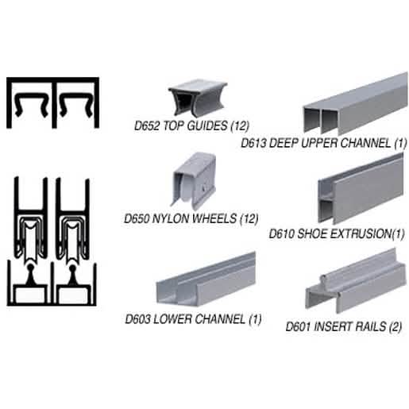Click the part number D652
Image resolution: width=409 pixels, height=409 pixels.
click(147, 125)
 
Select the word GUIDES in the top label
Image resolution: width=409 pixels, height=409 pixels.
click(207, 125)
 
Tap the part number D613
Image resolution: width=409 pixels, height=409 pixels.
click(253, 143)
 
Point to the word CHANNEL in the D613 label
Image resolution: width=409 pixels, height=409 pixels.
click(365, 143)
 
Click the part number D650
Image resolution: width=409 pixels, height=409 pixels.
click(137, 218)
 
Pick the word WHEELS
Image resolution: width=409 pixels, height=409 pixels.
click(214, 218)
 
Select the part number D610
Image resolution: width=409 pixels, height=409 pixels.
click(282, 234)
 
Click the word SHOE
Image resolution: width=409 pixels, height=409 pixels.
click(311, 234)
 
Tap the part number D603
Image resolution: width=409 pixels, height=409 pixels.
click(138, 319)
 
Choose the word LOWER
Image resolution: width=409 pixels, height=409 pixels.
click(174, 319)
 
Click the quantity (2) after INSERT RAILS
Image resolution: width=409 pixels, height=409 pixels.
click(395, 326)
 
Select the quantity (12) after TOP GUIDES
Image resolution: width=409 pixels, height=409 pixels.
click(240, 125)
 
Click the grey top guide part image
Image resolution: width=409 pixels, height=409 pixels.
click(198, 98)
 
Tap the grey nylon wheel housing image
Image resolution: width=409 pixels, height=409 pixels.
click(194, 179)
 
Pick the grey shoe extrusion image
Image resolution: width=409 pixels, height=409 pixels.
click(361, 188)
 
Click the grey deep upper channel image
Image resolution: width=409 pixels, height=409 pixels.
click(355, 103)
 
